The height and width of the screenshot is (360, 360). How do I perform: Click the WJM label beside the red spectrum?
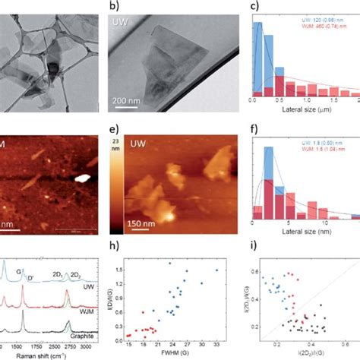(x=87, y=304)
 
